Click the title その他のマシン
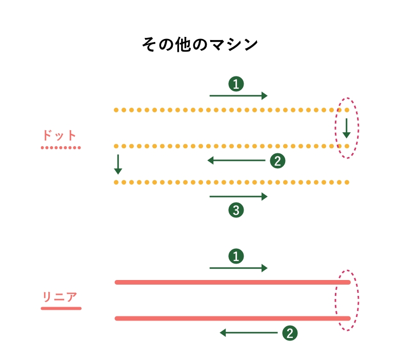pyautogui.click(x=200, y=45)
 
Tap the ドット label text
pyautogui.click(x=59, y=135)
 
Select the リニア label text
pyautogui.click(x=60, y=297)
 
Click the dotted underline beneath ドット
pyautogui.click(x=61, y=148)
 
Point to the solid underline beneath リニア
pyautogui.click(x=61, y=309)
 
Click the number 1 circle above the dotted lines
pyautogui.click(x=236, y=84)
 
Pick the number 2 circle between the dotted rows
pyautogui.click(x=277, y=161)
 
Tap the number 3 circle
pyautogui.click(x=236, y=210)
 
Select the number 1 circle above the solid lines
pyautogui.click(x=236, y=256)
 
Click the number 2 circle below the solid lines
pyautogui.click(x=290, y=333)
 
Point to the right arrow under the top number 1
pyautogui.click(x=238, y=96)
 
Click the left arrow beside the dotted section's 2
pyautogui.click(x=236, y=160)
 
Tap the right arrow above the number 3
pyautogui.click(x=238, y=196)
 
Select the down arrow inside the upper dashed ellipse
pyautogui.click(x=347, y=128)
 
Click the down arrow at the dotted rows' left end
pyautogui.click(x=118, y=164)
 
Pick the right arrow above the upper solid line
pyautogui.click(x=238, y=268)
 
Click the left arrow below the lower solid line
pyautogui.click(x=249, y=333)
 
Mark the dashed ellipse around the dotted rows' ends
pyautogui.click(x=347, y=128)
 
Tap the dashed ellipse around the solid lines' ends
pyautogui.click(x=347, y=301)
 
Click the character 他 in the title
pyautogui.click(x=183, y=45)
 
